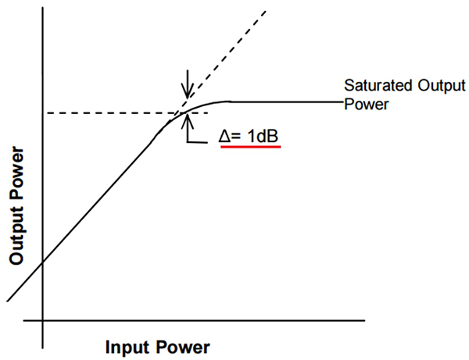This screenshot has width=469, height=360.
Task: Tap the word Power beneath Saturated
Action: tap(362, 102)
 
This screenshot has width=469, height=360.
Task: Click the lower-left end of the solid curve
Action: tap(7, 301)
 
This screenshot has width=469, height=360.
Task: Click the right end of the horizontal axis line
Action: tap(364, 321)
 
